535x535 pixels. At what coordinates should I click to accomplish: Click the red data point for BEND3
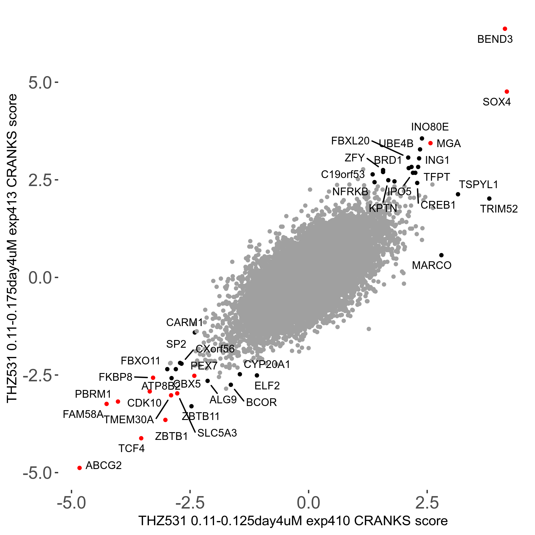(x=505, y=29)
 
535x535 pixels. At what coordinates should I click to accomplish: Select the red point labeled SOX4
(x=507, y=92)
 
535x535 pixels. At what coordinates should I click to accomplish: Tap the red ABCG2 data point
(x=79, y=468)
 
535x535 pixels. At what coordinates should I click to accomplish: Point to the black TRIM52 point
(x=489, y=199)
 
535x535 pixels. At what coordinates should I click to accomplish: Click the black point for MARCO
(x=441, y=255)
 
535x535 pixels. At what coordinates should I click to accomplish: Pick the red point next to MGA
(x=430, y=143)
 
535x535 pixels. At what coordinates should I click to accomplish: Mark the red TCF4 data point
(x=141, y=438)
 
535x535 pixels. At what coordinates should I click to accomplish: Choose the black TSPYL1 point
(x=458, y=194)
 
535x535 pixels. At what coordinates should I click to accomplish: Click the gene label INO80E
(x=430, y=127)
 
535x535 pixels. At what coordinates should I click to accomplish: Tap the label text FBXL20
(x=350, y=141)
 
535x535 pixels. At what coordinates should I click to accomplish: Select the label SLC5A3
(x=217, y=433)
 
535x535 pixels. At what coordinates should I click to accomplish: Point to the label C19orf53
(x=343, y=174)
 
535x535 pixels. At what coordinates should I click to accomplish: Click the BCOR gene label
(x=261, y=402)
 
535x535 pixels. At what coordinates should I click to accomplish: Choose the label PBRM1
(x=93, y=394)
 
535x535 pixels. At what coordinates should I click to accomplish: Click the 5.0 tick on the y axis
(x=40, y=83)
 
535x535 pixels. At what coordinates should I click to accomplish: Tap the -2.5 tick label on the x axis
(x=190, y=503)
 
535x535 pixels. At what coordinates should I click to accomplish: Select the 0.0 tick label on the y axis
(x=40, y=278)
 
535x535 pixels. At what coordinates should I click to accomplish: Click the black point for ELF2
(x=257, y=375)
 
